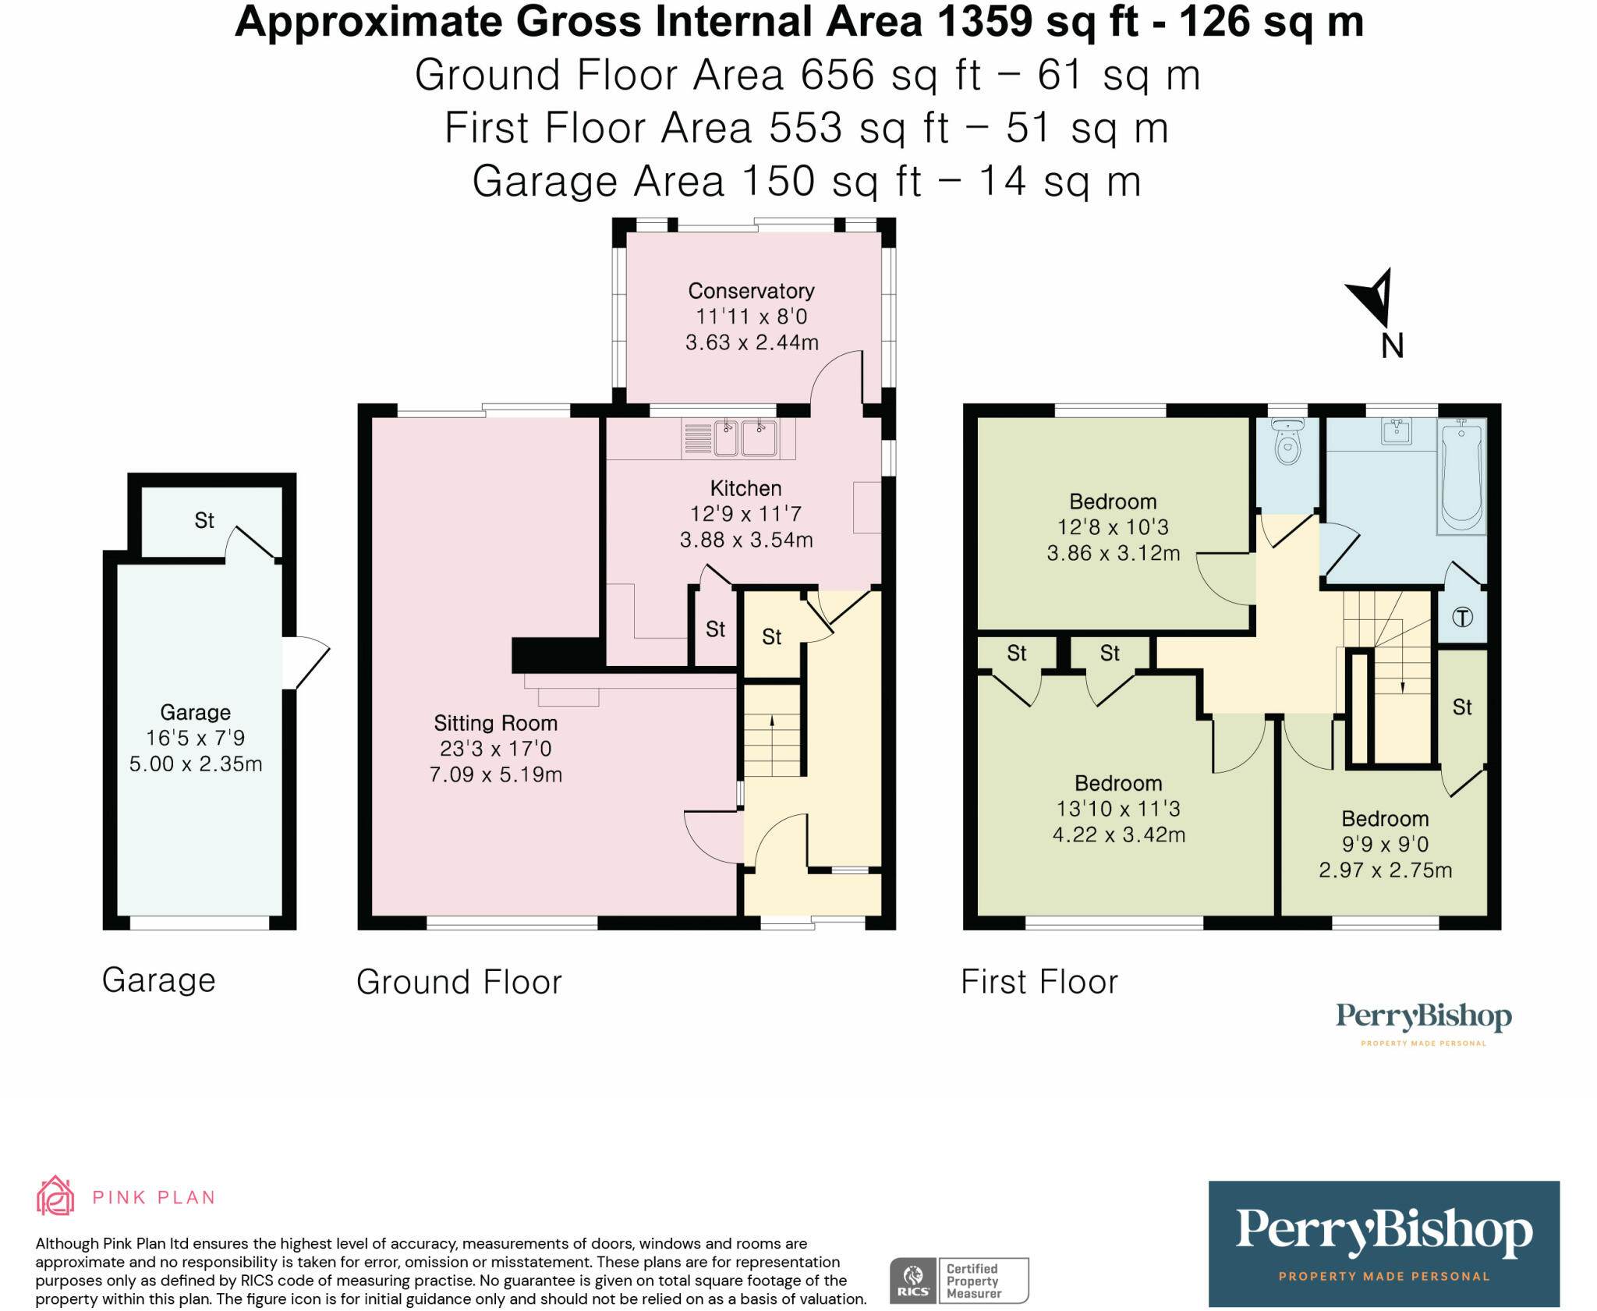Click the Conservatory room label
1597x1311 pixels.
coord(751,291)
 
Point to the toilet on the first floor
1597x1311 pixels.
coord(1287,442)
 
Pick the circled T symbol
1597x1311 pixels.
coord(1462,618)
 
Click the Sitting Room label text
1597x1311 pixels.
coord(495,723)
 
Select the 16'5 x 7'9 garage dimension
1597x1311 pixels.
coord(195,738)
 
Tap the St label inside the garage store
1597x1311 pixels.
coord(204,520)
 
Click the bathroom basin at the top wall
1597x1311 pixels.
coord(1396,431)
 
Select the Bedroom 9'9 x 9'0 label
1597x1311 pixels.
coord(1385,819)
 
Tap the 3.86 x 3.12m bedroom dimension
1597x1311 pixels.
coord(1113,553)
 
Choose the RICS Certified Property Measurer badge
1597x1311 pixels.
coord(958,1280)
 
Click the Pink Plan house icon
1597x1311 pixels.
coord(55,1196)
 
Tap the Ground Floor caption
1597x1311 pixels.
coord(459,982)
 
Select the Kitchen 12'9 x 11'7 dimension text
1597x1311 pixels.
coord(745,514)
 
